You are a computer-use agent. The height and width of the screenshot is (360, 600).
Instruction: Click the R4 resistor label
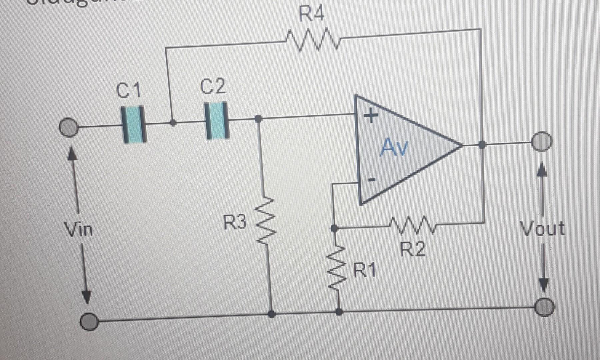(311, 14)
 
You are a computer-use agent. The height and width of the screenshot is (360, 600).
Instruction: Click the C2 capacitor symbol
(217, 121)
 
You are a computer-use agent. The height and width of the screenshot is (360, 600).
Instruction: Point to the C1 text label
(129, 90)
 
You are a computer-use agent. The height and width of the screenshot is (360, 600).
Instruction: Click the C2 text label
(213, 86)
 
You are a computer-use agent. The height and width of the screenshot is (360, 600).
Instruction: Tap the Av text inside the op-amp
(394, 147)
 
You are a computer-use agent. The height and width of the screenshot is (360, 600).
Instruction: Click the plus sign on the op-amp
(371, 116)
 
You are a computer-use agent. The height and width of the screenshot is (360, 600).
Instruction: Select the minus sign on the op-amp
(371, 180)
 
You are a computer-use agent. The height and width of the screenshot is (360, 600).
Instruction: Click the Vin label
(78, 230)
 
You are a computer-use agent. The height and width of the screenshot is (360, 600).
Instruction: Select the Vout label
(542, 229)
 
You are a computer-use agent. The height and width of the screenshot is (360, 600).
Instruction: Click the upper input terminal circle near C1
(69, 127)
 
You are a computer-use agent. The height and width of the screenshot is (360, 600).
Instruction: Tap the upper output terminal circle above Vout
(542, 142)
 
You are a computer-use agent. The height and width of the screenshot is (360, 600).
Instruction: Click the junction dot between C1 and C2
(173, 123)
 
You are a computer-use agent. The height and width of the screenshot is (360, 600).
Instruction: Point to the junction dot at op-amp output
(482, 145)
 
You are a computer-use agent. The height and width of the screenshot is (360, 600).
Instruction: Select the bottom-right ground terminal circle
(545, 307)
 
